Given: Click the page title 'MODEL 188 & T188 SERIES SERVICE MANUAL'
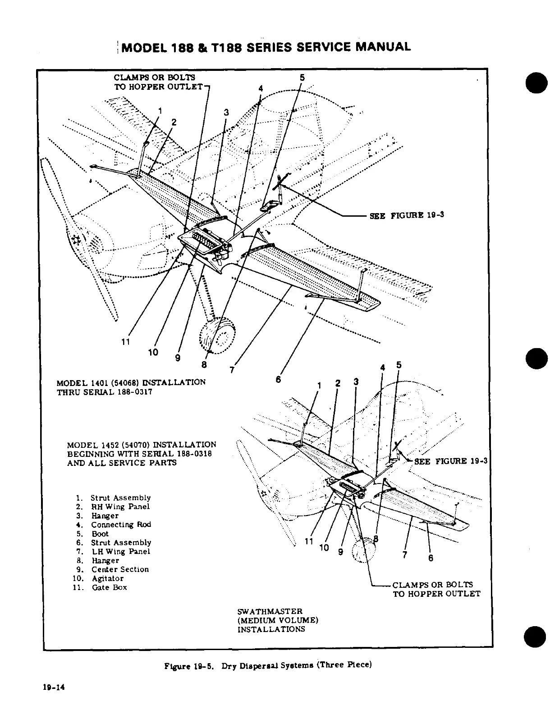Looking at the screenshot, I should click(266, 47).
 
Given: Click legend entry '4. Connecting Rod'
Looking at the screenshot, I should click(120, 525).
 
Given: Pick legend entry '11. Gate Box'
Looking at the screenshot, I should click(109, 587).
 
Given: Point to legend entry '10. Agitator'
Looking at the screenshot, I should click(107, 578).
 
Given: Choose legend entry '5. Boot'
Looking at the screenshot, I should click(100, 534).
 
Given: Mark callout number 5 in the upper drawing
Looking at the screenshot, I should click(302, 78).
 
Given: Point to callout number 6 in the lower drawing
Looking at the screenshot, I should click(431, 558).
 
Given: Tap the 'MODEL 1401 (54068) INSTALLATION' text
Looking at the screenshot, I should click(131, 382).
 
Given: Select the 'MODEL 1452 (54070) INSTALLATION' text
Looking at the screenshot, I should click(141, 445).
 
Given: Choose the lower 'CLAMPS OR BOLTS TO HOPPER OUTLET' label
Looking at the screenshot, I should click(436, 589).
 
